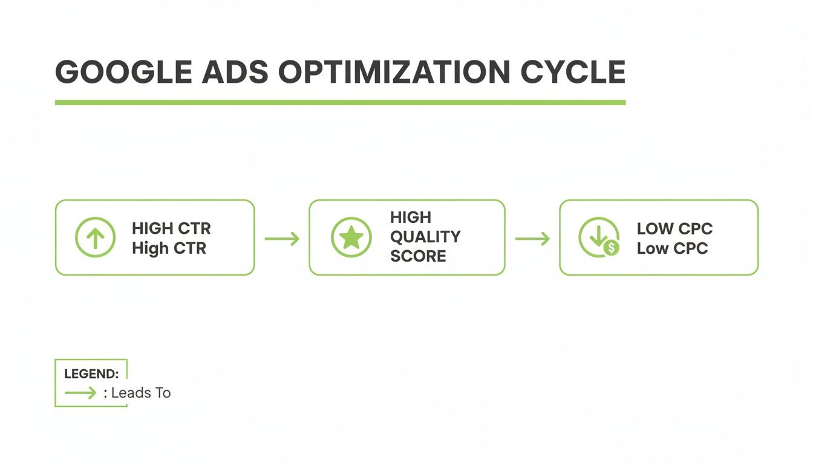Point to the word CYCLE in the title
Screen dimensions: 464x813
click(x=572, y=72)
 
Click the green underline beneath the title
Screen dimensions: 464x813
click(x=340, y=103)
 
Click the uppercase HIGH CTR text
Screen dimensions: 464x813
click(x=171, y=228)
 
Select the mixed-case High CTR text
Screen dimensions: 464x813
click(x=169, y=248)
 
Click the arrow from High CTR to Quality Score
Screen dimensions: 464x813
click(x=282, y=239)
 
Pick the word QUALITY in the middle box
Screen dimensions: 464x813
click(x=425, y=236)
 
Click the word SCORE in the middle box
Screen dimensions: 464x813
click(x=418, y=256)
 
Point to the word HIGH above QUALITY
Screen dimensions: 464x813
click(x=411, y=217)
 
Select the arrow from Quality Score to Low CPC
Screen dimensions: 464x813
click(x=532, y=239)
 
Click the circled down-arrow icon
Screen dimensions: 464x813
click(x=597, y=236)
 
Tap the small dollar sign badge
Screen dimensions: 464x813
click(x=612, y=248)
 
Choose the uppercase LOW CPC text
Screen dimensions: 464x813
click(x=674, y=228)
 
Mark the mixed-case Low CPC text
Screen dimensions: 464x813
click(x=672, y=248)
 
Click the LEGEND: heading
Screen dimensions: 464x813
click(x=91, y=374)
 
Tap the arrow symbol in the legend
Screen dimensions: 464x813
click(x=80, y=393)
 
